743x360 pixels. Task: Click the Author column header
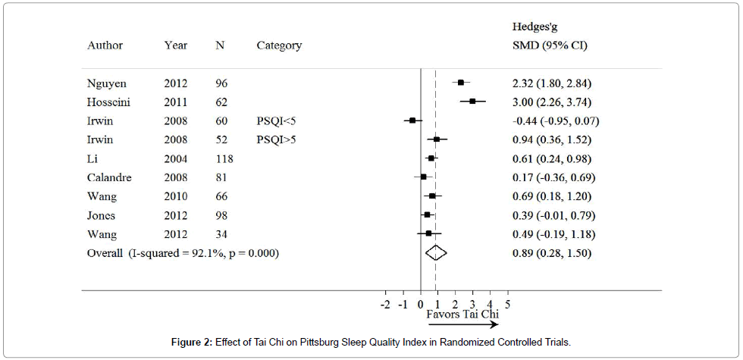point(105,45)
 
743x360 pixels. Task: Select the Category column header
point(279,45)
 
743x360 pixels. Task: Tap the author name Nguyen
point(106,83)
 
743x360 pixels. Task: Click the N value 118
point(224,158)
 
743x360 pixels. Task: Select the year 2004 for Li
point(176,158)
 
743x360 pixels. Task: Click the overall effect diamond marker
point(436,253)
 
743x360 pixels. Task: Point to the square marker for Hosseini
point(472,101)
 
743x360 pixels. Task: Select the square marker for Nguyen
point(460,83)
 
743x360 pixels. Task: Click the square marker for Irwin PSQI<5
point(412,120)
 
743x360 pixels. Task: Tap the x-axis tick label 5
point(506,304)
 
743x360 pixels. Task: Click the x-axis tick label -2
point(385,304)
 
